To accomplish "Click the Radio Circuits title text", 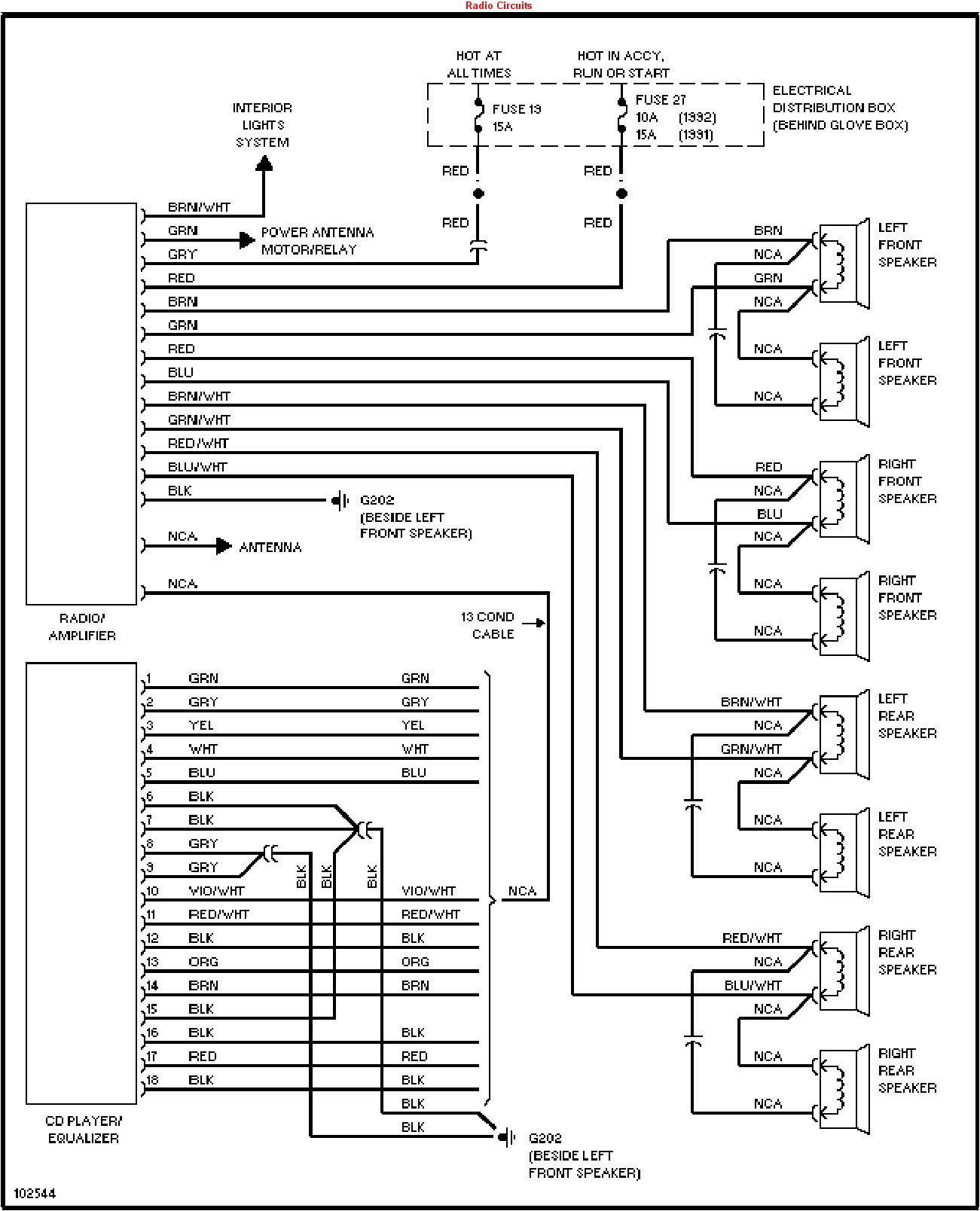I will pos(498,5).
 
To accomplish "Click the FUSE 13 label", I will pos(516,109).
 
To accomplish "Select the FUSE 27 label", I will pos(661,99).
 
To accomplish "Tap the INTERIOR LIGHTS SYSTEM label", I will pos(262,125).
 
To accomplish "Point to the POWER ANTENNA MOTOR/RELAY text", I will pos(317,241).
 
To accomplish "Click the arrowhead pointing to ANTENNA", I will pos(224,546).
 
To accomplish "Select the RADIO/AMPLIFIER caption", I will pos(82,627).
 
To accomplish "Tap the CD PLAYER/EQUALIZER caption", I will pos(83,1130).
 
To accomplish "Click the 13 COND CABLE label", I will pos(488,625).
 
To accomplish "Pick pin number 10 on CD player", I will pos(152,891).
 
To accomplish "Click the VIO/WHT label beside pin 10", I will pos(216,891).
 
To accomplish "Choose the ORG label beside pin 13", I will pos(203,962).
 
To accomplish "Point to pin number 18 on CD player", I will pos(152,1080).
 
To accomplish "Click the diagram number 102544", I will pos(35,1194).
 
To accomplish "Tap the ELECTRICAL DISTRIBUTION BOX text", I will pos(840,108).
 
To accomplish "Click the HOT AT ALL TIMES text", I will pos(478,64).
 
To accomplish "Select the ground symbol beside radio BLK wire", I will pos(341,500).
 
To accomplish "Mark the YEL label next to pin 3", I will pos(201,725).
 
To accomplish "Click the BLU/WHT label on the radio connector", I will pos(197,467).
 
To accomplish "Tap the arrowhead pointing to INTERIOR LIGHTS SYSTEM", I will pos(264,163).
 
